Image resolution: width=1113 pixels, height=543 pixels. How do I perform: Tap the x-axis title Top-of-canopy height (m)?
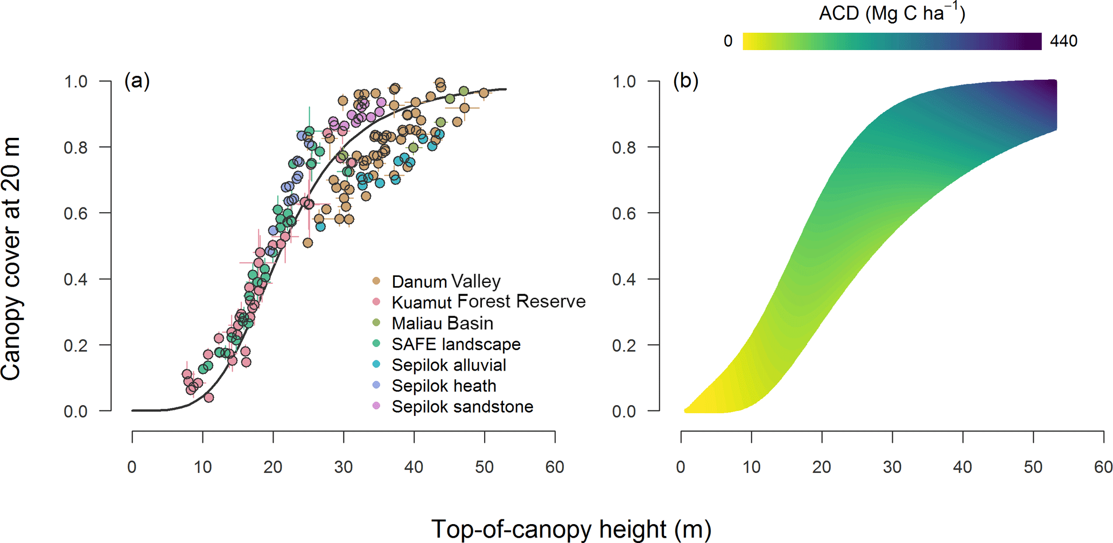coord(571,529)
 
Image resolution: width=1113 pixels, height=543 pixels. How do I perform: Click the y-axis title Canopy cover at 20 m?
coord(12,259)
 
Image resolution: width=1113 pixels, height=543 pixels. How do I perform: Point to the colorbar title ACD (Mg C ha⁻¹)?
coord(892,12)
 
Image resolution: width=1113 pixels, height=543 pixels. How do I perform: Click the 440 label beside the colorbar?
coord(1063,41)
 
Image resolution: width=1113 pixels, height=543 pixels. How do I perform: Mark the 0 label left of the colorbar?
coord(728,41)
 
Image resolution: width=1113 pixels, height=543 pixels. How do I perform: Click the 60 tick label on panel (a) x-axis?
coord(555,467)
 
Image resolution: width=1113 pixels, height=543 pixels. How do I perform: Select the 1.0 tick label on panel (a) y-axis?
coord(76,81)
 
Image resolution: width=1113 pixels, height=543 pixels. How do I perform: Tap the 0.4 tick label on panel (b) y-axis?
coord(624,279)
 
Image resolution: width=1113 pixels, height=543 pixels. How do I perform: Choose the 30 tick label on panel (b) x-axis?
coord(892,467)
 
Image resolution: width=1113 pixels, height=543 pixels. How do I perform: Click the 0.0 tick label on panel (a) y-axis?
coord(76,411)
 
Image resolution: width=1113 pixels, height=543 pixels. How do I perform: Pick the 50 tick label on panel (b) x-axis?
coord(1033,467)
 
